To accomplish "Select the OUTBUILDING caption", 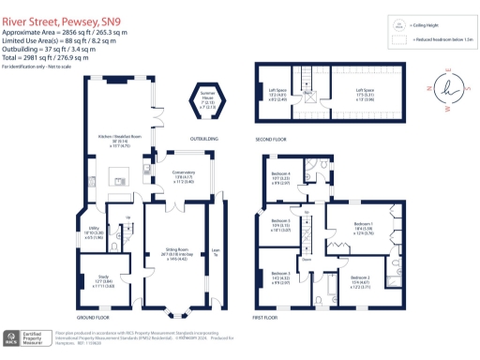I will (x=204, y=139).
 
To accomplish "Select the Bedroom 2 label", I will (x=360, y=279).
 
